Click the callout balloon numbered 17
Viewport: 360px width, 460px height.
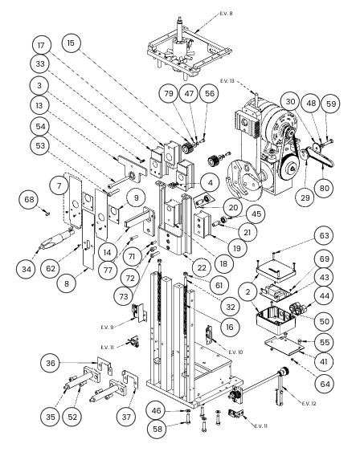coord(41,45)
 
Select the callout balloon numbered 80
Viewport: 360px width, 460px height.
coord(324,188)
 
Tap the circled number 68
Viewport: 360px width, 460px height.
coord(29,200)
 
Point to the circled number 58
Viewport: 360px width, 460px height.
coord(157,429)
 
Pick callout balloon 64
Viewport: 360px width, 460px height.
coord(325,384)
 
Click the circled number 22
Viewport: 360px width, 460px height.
coord(202,267)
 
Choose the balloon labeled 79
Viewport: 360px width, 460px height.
coord(169,94)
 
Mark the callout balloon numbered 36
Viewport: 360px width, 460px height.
coord(51,363)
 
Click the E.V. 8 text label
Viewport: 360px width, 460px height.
coord(226,14)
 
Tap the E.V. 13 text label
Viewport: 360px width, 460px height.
coord(227,81)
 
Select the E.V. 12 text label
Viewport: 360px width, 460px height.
coord(309,403)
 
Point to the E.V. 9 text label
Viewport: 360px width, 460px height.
coord(107,327)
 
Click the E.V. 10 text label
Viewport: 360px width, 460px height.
coord(235,352)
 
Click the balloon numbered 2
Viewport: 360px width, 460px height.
coord(248,292)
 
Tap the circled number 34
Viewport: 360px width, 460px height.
coord(27,269)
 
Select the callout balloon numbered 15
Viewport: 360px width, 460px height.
coord(71,43)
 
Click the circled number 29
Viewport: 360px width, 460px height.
coord(305,197)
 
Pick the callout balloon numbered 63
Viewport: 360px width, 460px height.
coord(324,236)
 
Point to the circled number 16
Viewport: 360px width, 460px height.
coord(230,327)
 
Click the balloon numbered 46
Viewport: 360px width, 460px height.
coord(156,410)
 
